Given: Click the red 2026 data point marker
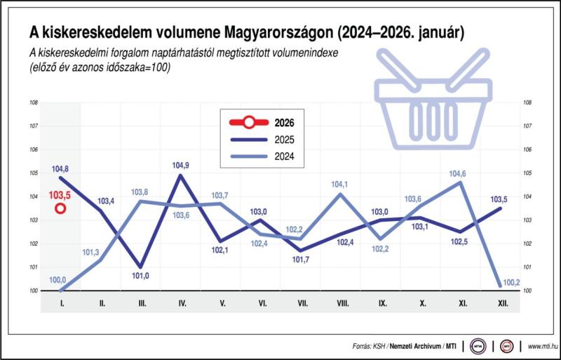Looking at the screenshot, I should click(61, 208).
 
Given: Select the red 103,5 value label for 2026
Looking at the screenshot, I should click(60, 194).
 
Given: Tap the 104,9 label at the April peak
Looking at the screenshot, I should click(181, 166).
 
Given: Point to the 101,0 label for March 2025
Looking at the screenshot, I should click(141, 276).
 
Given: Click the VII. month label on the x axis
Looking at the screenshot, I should click(302, 304).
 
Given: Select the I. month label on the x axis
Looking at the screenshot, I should click(61, 304).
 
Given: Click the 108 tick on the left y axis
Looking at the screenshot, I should click(33, 102).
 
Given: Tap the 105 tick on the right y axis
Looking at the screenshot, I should click(527, 173).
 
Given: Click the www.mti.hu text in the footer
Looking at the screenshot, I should click(541, 346).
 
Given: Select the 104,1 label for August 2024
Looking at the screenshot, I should click(342, 185).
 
